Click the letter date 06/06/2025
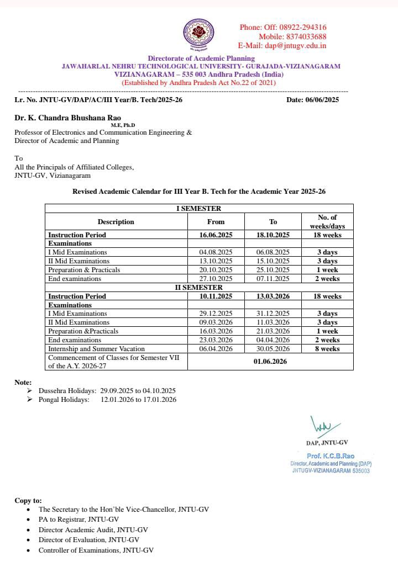(321, 100)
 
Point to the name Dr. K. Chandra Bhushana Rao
(67, 118)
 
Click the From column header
(216, 222)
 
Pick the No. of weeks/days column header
(327, 221)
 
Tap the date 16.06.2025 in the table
(216, 235)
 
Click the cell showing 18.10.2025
(273, 235)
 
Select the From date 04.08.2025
(216, 252)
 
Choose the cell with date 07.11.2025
(273, 279)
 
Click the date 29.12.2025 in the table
(216, 314)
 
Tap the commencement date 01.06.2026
(273, 362)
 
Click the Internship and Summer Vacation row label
(96, 349)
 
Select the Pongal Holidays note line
(107, 400)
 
